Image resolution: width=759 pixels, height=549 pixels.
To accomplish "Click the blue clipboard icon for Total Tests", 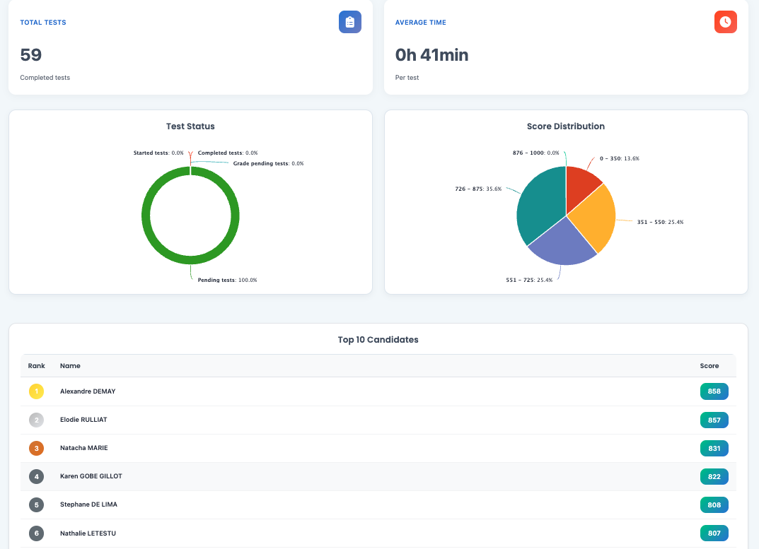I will click(349, 22).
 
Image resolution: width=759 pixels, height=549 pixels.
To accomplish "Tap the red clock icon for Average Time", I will click(725, 22).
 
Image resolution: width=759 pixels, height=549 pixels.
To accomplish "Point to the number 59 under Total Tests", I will click(31, 55).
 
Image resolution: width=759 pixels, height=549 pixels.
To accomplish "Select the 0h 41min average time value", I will click(431, 55).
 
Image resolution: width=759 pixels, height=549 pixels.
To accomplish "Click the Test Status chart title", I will click(190, 126).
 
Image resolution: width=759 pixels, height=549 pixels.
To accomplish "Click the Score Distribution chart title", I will click(566, 126).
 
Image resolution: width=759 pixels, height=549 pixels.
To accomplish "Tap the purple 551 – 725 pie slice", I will click(562, 244).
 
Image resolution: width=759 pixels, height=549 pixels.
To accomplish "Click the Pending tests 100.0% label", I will click(227, 281).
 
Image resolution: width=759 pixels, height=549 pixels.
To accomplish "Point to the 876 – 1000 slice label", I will click(535, 153).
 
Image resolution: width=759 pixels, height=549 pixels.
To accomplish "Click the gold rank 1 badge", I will click(36, 391).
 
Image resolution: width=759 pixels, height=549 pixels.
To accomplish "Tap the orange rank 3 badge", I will click(36, 448).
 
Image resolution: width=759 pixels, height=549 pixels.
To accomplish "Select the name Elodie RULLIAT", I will click(83, 420).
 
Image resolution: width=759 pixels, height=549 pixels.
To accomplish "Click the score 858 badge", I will click(714, 391).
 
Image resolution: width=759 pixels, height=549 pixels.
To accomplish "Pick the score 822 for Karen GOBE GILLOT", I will click(714, 476).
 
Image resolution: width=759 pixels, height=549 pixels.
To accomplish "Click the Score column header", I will click(709, 366).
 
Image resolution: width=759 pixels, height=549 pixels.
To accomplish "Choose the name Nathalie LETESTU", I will click(87, 533).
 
